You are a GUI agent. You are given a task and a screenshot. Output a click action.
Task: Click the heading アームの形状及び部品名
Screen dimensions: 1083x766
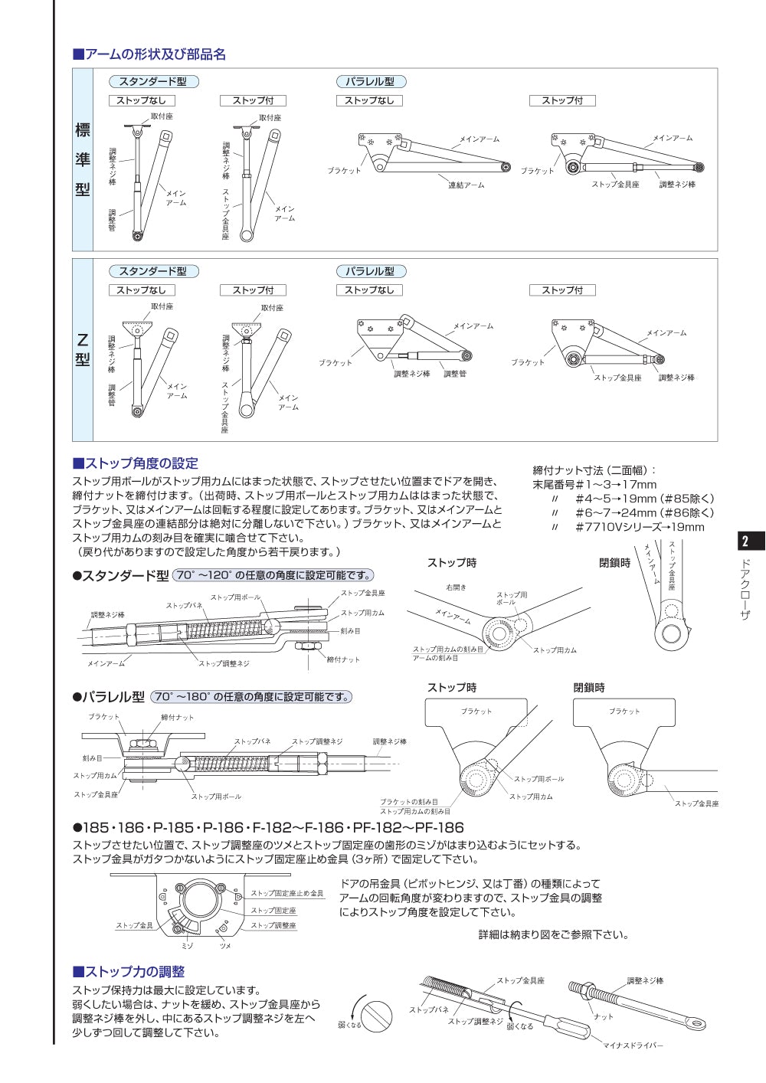149,54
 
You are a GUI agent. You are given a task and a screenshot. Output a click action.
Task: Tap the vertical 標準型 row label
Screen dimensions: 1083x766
83,159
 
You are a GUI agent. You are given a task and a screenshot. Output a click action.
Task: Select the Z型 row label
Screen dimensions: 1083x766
83,349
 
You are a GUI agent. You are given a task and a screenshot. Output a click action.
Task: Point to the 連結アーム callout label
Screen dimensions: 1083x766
466,185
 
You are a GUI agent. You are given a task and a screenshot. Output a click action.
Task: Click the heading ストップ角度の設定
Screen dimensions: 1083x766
136,463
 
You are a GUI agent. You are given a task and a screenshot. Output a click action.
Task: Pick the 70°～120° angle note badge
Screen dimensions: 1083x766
273,575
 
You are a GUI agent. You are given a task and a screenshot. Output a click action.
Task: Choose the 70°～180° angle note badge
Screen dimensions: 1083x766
251,697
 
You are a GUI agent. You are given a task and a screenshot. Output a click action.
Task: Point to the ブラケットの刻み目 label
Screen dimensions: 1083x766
408,802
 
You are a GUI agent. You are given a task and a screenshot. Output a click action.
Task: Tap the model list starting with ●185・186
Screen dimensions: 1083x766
268,827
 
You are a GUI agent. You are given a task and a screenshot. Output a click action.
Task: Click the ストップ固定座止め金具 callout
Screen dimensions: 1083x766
286,893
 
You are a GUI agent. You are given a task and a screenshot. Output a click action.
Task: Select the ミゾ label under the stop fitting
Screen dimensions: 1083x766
187,946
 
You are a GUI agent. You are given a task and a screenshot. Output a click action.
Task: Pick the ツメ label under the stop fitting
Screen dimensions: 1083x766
225,946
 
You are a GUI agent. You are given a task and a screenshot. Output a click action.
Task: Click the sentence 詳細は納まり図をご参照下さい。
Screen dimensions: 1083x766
553,934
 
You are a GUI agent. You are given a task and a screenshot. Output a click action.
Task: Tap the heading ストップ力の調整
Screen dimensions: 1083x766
129,972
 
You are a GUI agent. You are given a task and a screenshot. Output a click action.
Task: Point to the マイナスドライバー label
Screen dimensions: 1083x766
633,1045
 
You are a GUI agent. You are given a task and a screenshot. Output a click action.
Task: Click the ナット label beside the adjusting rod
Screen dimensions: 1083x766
604,1016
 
